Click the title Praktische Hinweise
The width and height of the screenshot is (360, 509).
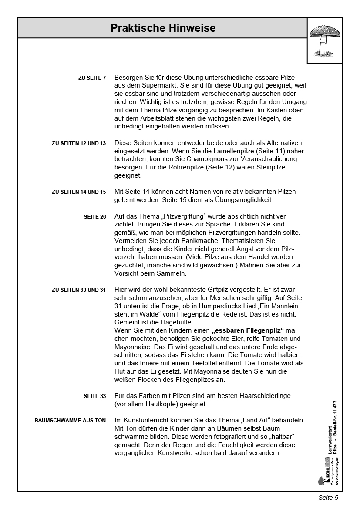pos(163,28)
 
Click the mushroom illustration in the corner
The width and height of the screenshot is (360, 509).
pos(325,40)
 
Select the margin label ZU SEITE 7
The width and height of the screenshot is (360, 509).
pos(92,78)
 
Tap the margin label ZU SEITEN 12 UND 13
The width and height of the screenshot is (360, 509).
pos(79,143)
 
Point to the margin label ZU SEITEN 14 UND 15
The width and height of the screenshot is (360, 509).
pos(79,192)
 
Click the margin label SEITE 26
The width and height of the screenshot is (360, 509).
pos(95,217)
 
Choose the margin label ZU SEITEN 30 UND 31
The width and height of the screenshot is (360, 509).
pos(79,290)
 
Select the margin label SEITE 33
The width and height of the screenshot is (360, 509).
pos(95,396)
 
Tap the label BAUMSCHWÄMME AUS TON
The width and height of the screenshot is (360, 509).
pos(70,421)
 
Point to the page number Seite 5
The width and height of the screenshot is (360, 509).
pos(328,498)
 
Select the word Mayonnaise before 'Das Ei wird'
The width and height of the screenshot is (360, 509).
pos(133,347)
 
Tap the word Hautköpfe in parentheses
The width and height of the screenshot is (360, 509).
pos(159,404)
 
